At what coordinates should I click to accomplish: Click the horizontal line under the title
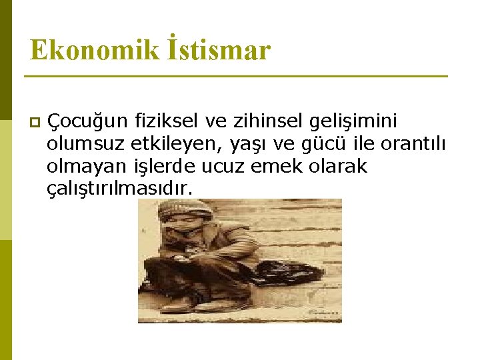[236, 77]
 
